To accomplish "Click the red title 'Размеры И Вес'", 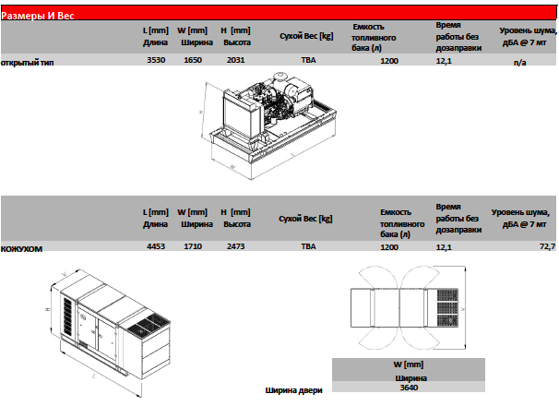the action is point(38,16).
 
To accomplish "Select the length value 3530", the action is point(156,60).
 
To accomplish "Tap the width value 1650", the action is point(193,60).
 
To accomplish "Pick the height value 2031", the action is point(235,60).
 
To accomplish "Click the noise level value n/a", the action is point(519,63).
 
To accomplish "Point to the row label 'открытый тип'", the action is point(27,63).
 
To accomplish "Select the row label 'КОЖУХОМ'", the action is point(21,249).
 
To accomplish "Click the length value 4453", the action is point(156,246).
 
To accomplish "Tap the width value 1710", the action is point(193,246).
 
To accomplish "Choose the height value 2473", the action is point(235,246).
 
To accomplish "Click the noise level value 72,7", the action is point(547,246).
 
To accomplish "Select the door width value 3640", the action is point(409,388).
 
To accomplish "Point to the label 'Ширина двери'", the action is point(293,390).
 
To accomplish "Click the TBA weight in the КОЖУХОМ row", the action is point(308,246).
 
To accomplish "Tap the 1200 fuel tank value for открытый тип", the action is point(389,61).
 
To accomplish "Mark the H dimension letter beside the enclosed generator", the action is point(48,309).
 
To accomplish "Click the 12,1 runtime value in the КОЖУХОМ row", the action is point(444,247).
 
